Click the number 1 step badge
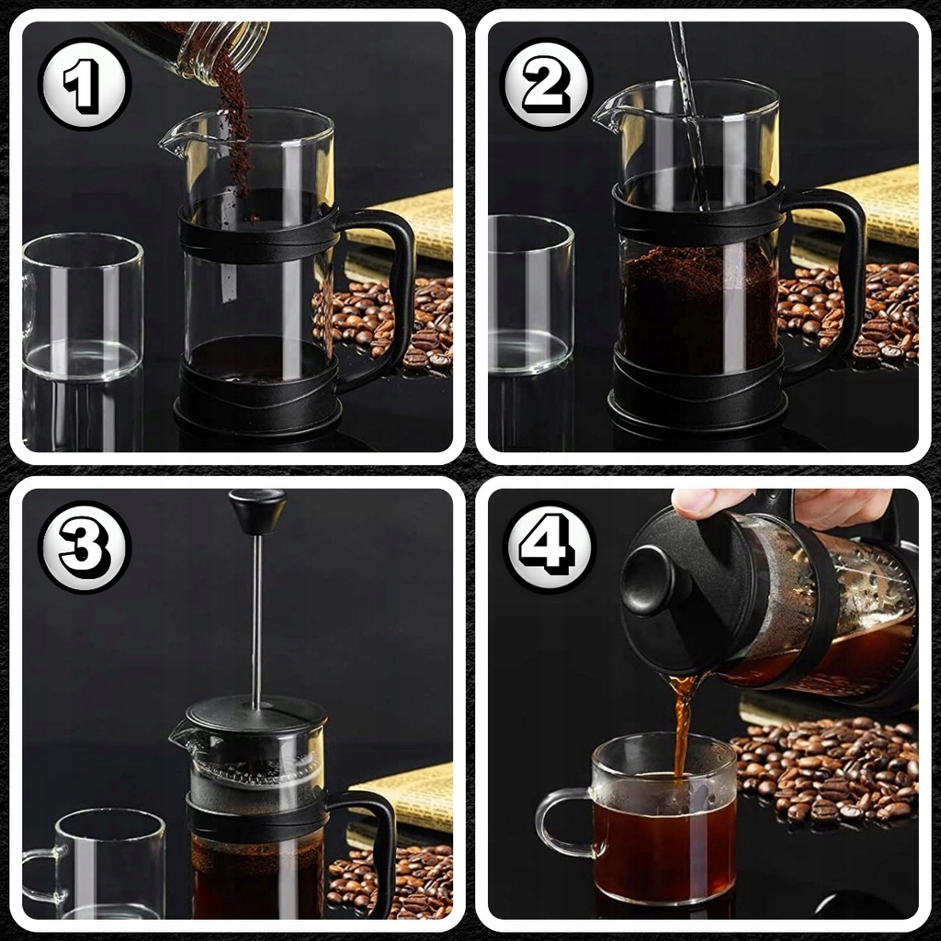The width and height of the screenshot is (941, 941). pyautogui.click(x=85, y=84)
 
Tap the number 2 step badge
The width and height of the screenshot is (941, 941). pyautogui.click(x=547, y=84)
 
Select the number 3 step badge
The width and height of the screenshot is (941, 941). pyautogui.click(x=85, y=547)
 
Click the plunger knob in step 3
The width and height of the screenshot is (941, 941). pyautogui.click(x=258, y=510)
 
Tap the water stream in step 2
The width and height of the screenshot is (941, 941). pyautogui.click(x=691, y=114)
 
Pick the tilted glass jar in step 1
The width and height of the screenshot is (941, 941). pyautogui.click(x=192, y=48)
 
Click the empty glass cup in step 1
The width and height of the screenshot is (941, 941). pyautogui.click(x=83, y=306)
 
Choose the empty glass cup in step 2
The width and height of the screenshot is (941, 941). pyautogui.click(x=530, y=294)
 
